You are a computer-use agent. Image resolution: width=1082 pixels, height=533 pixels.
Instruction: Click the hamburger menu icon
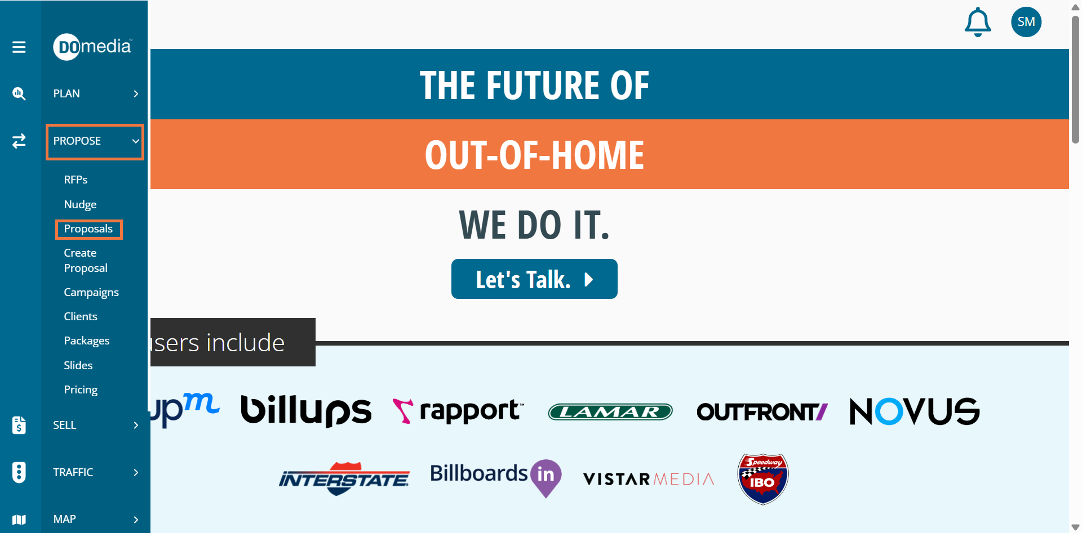click(x=19, y=47)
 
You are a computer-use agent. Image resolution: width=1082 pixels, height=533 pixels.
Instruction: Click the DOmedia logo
click(x=92, y=46)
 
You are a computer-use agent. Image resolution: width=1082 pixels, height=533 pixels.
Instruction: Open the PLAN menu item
click(x=95, y=93)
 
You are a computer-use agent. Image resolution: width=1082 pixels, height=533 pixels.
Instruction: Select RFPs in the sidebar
click(x=76, y=180)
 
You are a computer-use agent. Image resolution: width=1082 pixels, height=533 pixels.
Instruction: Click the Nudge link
click(x=80, y=204)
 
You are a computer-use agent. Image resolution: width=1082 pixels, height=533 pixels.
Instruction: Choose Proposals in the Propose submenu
click(x=88, y=229)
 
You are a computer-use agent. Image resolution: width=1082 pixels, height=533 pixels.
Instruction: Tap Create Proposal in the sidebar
click(x=86, y=261)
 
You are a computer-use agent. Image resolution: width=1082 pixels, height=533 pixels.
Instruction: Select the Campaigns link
click(x=91, y=293)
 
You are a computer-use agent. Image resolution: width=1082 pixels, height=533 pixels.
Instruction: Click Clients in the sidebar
click(x=81, y=316)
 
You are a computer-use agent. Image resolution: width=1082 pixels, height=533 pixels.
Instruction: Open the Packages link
click(x=87, y=341)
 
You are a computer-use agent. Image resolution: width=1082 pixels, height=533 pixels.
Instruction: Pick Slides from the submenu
click(x=78, y=365)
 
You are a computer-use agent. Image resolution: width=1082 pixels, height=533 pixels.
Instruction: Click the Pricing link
click(x=81, y=390)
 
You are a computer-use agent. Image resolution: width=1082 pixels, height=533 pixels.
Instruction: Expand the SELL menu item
click(x=95, y=425)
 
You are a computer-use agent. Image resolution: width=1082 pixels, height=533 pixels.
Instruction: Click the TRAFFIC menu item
click(x=95, y=472)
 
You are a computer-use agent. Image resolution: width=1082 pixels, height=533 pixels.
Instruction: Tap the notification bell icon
click(x=978, y=22)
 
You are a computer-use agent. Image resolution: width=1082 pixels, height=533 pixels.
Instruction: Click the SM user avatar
click(x=1026, y=22)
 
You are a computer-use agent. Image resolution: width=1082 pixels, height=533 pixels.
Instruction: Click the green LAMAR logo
click(x=610, y=412)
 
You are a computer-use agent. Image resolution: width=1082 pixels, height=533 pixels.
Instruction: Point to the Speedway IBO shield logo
click(x=763, y=479)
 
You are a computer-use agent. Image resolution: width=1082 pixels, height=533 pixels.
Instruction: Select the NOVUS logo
click(x=915, y=411)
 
